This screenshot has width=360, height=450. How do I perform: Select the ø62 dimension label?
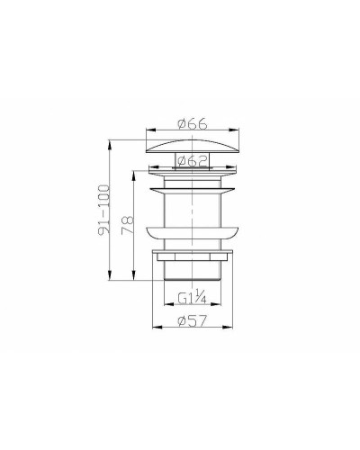coord(191,161)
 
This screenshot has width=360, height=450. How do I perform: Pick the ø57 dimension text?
coord(192,322)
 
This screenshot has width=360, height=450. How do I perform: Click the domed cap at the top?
coord(192,146)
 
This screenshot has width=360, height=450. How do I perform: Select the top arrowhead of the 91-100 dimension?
coord(111,140)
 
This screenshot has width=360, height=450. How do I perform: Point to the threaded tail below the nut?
coord(192,271)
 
